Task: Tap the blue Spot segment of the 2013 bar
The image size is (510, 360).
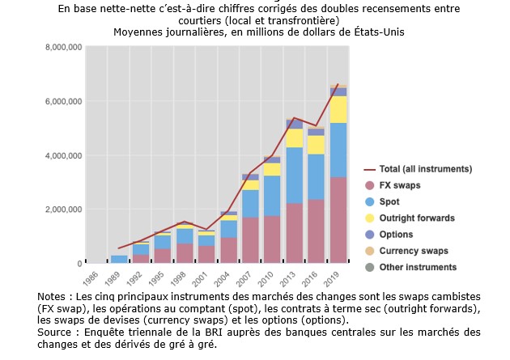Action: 294,175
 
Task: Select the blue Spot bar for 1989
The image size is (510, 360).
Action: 119,259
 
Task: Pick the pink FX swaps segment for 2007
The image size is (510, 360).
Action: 250,240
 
